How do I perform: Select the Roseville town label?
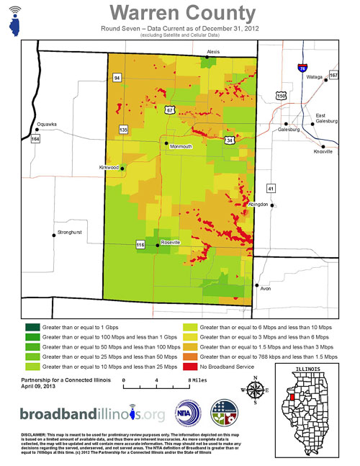[x=171, y=243]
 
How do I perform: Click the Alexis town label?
[x=213, y=52]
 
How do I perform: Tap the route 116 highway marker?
[x=140, y=246]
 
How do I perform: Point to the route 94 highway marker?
[x=116, y=77]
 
